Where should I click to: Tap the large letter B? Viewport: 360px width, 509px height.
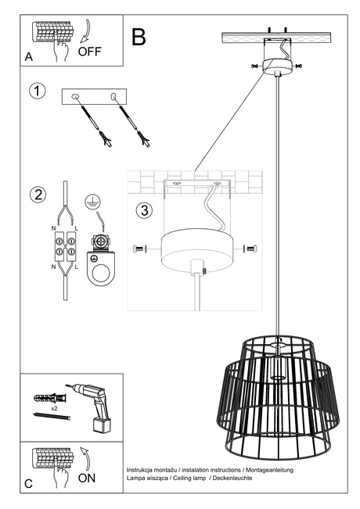pos(139,37)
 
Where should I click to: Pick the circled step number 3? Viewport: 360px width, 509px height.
pos(143,210)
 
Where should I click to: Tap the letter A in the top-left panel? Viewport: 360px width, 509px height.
pos(28,57)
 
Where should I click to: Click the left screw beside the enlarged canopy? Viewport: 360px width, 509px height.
pos(140,249)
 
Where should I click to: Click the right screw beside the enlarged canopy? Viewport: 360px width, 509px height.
pos(250,249)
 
